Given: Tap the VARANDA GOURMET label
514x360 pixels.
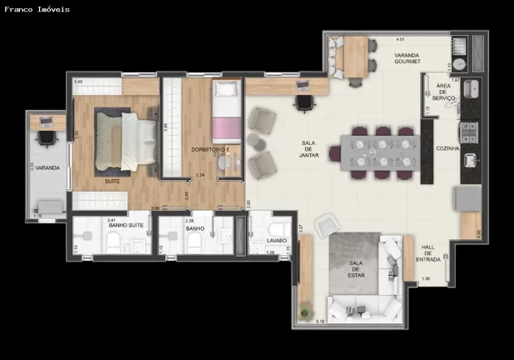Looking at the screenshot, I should (x=407, y=58).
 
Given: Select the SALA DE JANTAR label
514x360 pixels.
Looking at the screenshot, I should (x=308, y=148).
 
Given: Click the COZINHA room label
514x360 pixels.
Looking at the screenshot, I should (x=447, y=148).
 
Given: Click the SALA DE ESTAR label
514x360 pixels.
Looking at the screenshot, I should (x=357, y=268).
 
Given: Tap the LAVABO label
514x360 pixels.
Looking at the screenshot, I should (x=277, y=241).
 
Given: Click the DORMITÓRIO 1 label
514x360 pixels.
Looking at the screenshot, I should (x=210, y=150).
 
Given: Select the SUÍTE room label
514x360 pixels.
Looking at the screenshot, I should (x=111, y=180).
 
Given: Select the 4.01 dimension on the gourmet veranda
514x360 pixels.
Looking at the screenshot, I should (x=400, y=39).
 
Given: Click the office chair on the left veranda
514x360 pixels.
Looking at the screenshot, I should (x=47, y=137).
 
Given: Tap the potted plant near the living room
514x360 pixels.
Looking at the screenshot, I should (x=306, y=314).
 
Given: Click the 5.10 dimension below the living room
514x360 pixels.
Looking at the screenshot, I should (x=320, y=320).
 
